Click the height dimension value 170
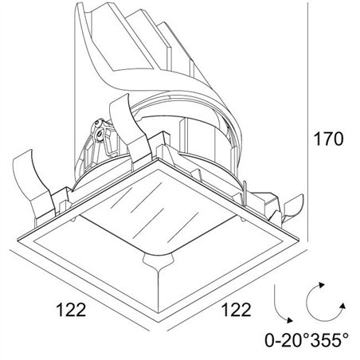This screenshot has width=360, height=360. coord(328,139)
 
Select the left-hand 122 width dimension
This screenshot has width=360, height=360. coord(71,309)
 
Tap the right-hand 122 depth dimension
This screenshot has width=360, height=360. coord(236,309)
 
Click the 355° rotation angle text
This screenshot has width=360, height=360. coord(329,340)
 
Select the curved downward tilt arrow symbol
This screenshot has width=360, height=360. coord(282,305)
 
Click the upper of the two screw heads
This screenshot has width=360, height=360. coord(98,123)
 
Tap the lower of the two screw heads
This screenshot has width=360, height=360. coord(100,134)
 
